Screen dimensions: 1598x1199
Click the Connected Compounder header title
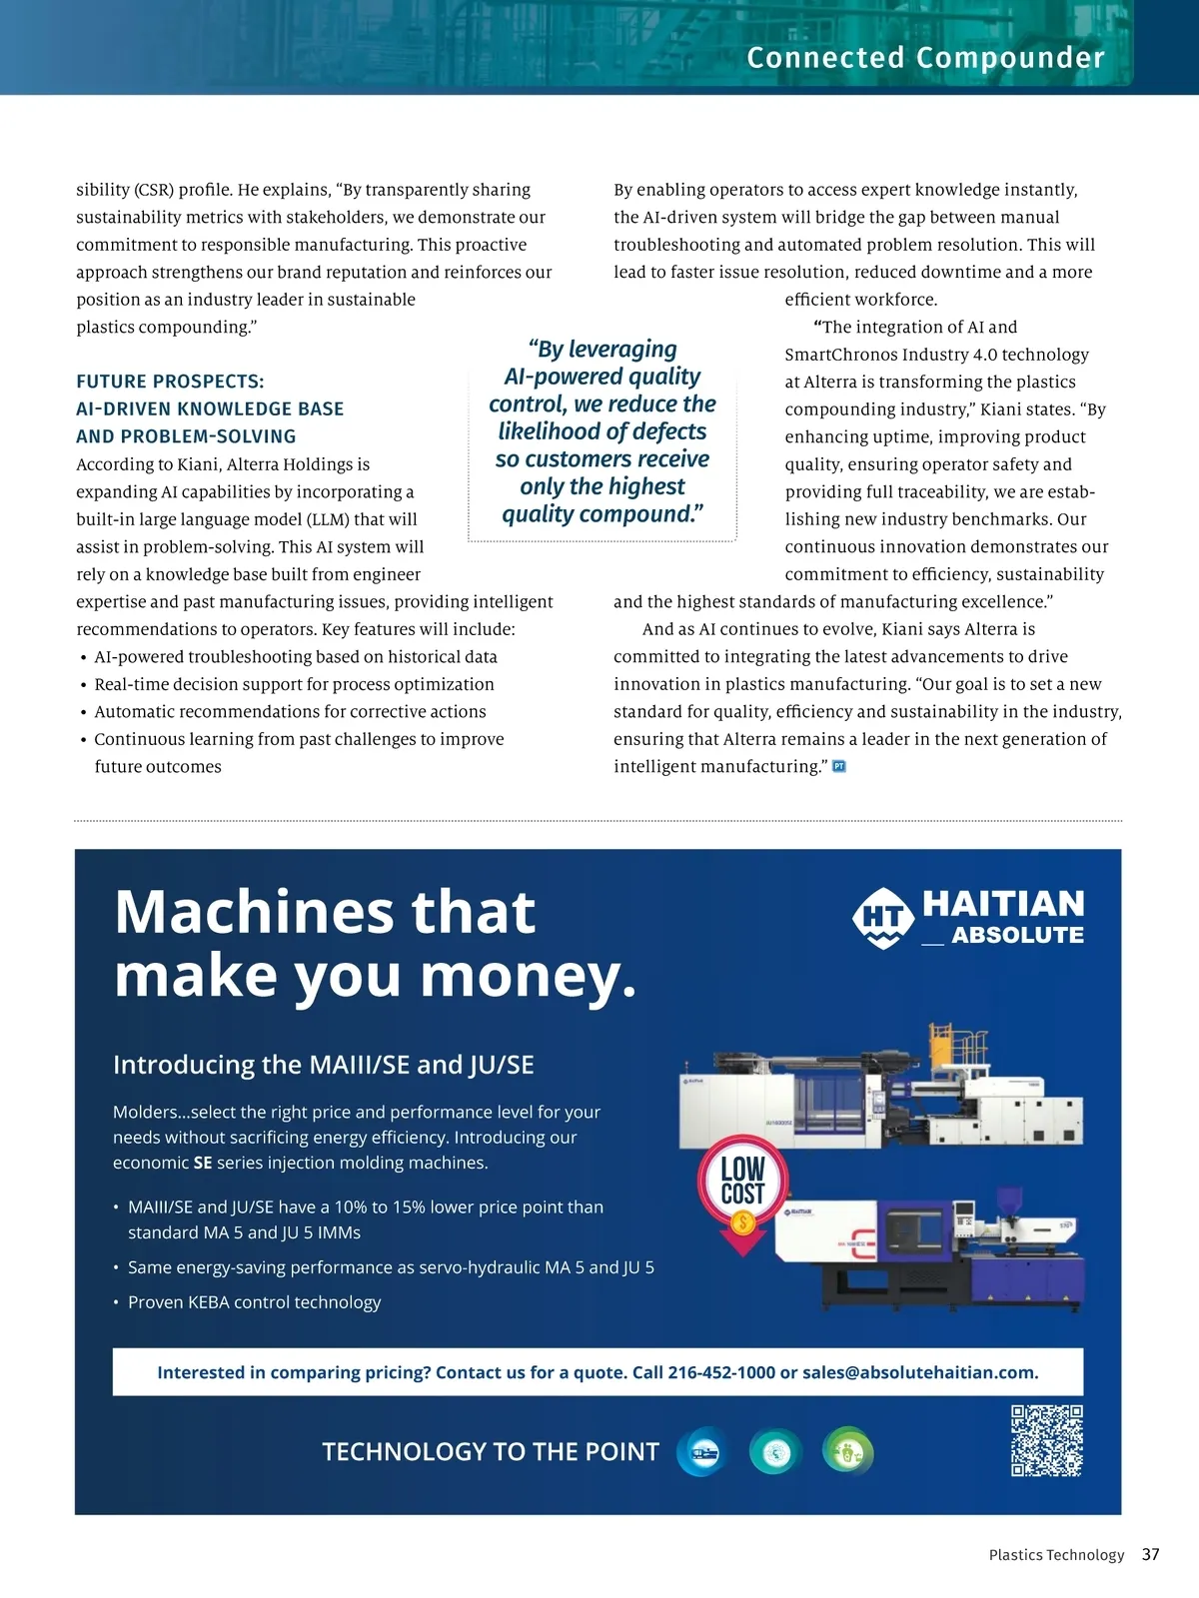925,58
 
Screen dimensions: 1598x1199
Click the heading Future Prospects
170,382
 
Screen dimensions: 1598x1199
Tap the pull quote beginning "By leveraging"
602,431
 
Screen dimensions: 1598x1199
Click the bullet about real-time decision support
294,684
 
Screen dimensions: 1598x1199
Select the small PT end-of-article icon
839,766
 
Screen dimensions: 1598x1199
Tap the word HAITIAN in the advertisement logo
1003,904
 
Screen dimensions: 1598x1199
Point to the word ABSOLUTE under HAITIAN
1017,936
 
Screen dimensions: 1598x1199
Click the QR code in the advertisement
1046,1440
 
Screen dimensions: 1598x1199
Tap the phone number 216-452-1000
720,1372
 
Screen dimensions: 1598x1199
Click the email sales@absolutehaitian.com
919,1372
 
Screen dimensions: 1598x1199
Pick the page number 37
1151,1554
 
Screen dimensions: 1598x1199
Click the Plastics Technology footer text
1056,1555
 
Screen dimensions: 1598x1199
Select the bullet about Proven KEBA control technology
254,1302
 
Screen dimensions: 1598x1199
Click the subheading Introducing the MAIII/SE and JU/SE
323,1065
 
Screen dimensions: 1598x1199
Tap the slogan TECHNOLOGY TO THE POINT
491,1452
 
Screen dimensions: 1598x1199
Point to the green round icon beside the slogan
847,1451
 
